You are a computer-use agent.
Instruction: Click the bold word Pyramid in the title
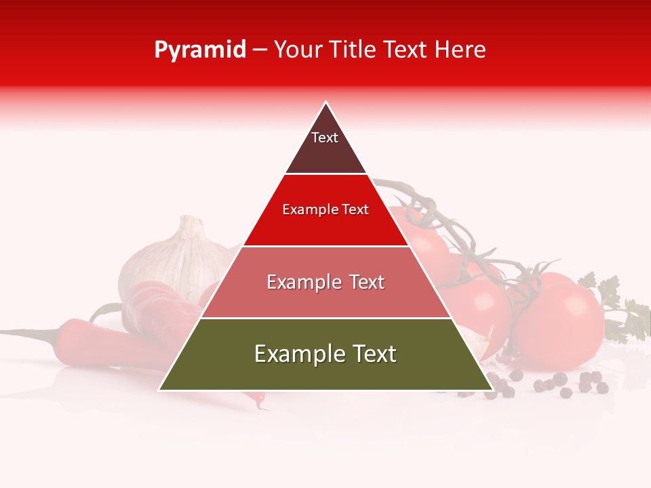tap(199, 50)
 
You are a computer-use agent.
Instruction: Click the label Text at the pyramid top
tap(324, 138)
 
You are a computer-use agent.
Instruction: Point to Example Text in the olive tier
tap(325, 354)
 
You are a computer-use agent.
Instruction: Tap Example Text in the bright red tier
tap(325, 209)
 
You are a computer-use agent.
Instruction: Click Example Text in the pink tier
tap(325, 282)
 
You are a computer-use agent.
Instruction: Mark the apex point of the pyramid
tap(326, 103)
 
